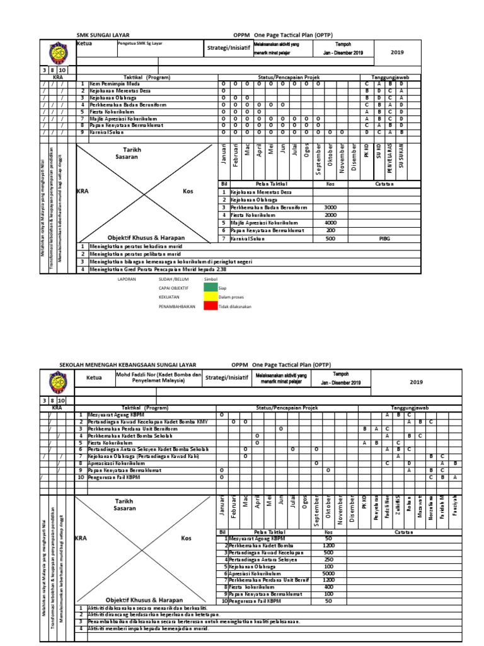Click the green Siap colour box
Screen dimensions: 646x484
[x=210, y=287]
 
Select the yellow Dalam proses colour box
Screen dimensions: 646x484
[x=210, y=297]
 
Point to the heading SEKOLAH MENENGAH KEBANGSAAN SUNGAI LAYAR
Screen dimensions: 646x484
[x=128, y=365]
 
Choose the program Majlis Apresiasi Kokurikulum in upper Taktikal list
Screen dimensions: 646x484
[x=123, y=118]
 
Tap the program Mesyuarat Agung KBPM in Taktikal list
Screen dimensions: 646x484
[x=116, y=415]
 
